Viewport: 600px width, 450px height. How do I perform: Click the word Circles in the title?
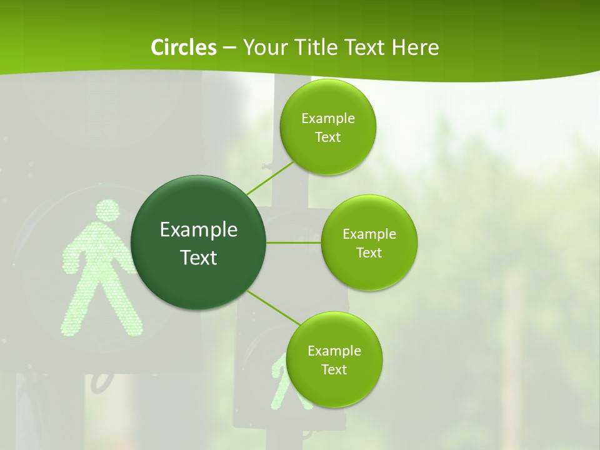coord(183,47)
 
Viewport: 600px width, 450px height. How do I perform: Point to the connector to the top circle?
coord(270,178)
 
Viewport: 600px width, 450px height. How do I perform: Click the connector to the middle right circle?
coord(294,242)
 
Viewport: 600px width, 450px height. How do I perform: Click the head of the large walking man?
coord(107,211)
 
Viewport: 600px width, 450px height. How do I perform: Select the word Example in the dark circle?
coord(199,229)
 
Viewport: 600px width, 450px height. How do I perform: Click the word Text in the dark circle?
coord(199,257)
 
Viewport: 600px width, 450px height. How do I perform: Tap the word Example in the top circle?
coord(328,118)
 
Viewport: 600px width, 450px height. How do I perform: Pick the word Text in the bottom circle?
coord(334,369)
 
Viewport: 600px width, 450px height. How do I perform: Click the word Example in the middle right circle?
coord(369,234)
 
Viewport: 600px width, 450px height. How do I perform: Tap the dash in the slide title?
coord(229,47)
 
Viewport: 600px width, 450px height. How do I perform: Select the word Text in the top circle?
coord(328,137)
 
